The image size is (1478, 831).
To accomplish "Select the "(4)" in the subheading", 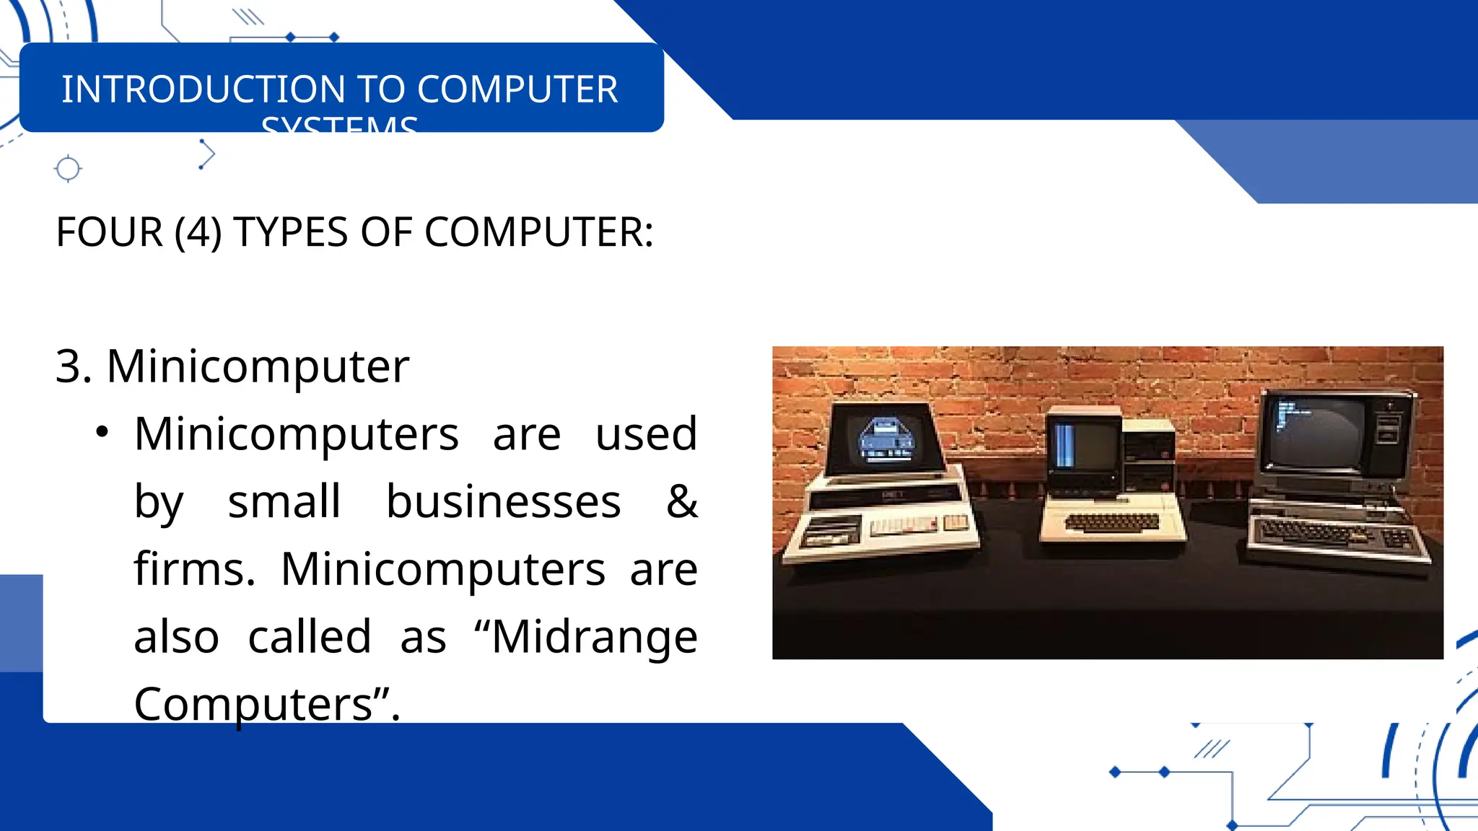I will [198, 232].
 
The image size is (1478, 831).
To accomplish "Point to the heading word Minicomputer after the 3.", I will [258, 366].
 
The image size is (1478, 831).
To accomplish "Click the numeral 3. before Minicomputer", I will [74, 366].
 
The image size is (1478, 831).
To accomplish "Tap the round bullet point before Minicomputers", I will [102, 432].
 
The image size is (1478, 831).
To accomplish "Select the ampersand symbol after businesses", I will [682, 501].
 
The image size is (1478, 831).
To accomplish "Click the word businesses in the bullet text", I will [503, 501].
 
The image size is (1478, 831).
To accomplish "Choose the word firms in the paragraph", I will [194, 569].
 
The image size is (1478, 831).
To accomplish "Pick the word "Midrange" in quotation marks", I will [595, 637].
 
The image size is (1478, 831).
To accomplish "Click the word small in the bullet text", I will [284, 501].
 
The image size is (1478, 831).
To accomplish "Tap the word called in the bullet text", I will [310, 637].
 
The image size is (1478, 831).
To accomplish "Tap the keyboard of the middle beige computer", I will [1112, 521].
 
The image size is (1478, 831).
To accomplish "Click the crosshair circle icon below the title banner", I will [68, 169].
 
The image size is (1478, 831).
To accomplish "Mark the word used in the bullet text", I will [646, 434].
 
